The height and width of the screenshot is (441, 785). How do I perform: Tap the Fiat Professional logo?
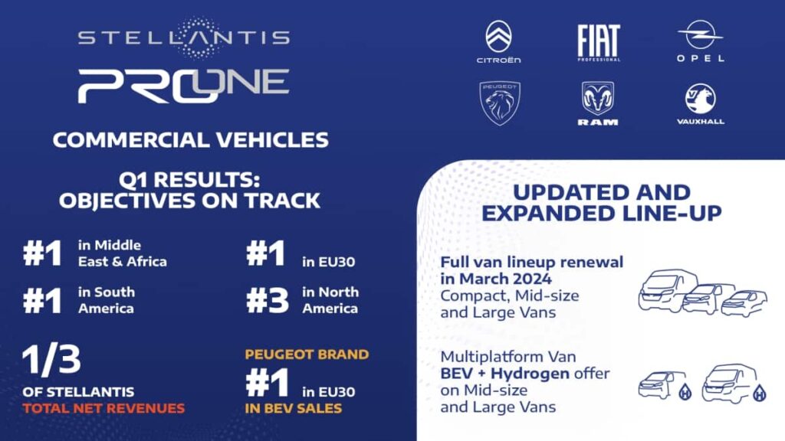pos(599,41)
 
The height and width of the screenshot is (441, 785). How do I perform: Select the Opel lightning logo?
pos(701,38)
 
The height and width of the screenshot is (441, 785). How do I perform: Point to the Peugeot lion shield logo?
pos(500,102)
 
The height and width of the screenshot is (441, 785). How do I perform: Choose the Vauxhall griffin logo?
pos(701,100)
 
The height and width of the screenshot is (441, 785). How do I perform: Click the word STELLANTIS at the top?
pos(184,37)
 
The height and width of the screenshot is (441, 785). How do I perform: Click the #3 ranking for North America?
pos(268,299)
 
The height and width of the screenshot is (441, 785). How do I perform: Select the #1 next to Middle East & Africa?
pos(43,254)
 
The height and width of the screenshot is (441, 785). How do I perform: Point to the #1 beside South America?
pos(43,299)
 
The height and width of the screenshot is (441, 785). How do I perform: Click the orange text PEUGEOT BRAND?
pos(307,354)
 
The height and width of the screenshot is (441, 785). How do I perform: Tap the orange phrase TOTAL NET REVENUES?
pos(103,408)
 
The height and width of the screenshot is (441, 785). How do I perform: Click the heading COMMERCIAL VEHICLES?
pos(191,140)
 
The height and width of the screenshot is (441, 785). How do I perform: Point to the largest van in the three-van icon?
pos(661,289)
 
